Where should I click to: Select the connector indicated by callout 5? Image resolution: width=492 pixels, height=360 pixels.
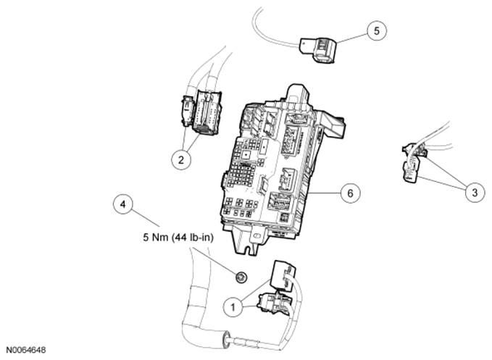(320, 50)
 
